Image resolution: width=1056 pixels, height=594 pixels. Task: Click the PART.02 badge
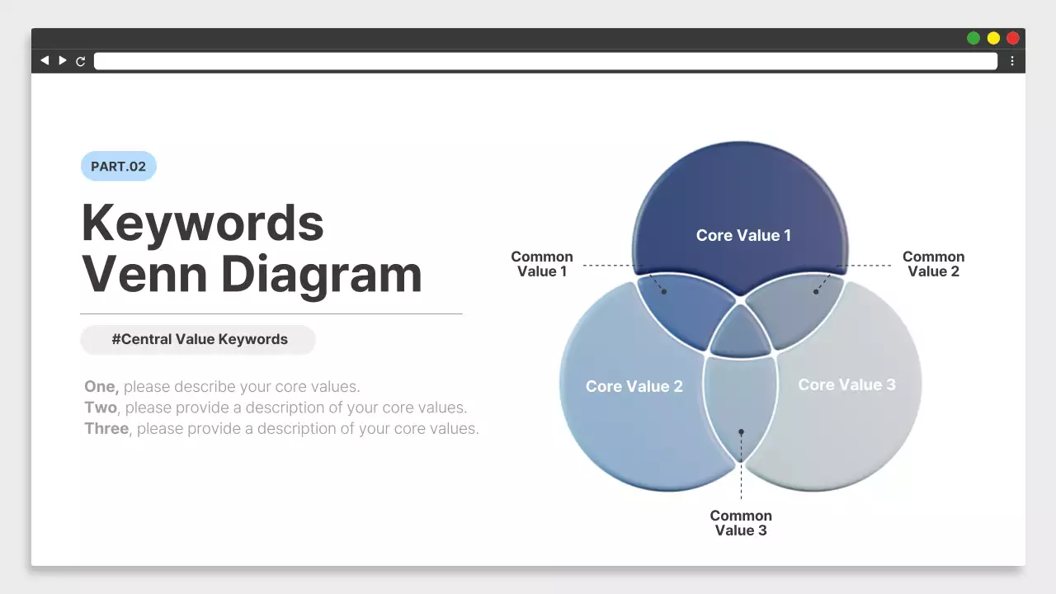pyautogui.click(x=118, y=167)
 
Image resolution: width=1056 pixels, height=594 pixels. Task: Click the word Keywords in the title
pyautogui.click(x=203, y=222)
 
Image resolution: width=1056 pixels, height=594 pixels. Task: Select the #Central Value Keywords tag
pyautogui.click(x=199, y=339)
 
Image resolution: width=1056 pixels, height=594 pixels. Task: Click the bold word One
pyautogui.click(x=101, y=387)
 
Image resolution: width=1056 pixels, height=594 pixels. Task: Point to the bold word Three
pyautogui.click(x=106, y=429)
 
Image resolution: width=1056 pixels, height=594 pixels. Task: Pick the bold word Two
pyautogui.click(x=101, y=408)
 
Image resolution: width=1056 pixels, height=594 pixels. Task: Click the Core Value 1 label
pyautogui.click(x=743, y=235)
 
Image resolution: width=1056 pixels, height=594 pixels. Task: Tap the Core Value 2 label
pyautogui.click(x=634, y=386)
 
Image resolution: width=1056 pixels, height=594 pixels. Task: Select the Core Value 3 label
pyautogui.click(x=846, y=384)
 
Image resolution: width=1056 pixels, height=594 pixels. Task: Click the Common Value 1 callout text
pyautogui.click(x=542, y=264)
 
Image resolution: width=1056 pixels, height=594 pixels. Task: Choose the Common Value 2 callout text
pyautogui.click(x=933, y=264)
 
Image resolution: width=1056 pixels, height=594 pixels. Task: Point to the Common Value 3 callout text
pyautogui.click(x=741, y=523)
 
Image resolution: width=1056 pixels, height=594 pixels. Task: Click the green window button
pyautogui.click(x=973, y=38)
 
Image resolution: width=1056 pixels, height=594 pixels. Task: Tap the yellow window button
pyautogui.click(x=993, y=38)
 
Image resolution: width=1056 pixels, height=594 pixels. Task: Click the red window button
pyautogui.click(x=1013, y=38)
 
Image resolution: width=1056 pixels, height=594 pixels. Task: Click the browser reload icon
pyautogui.click(x=81, y=61)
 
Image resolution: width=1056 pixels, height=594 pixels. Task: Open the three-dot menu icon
pyautogui.click(x=1012, y=61)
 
